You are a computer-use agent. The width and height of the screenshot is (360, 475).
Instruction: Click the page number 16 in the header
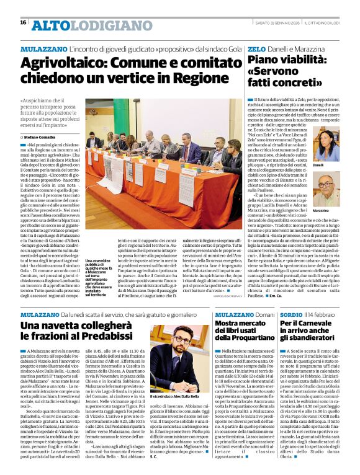[x=23, y=22]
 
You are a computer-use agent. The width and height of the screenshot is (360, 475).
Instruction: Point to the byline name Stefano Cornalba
[x=40, y=136]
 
